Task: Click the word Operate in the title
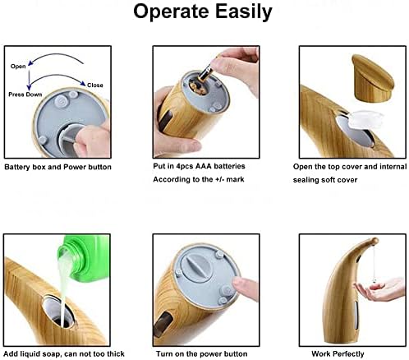click(x=170, y=13)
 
